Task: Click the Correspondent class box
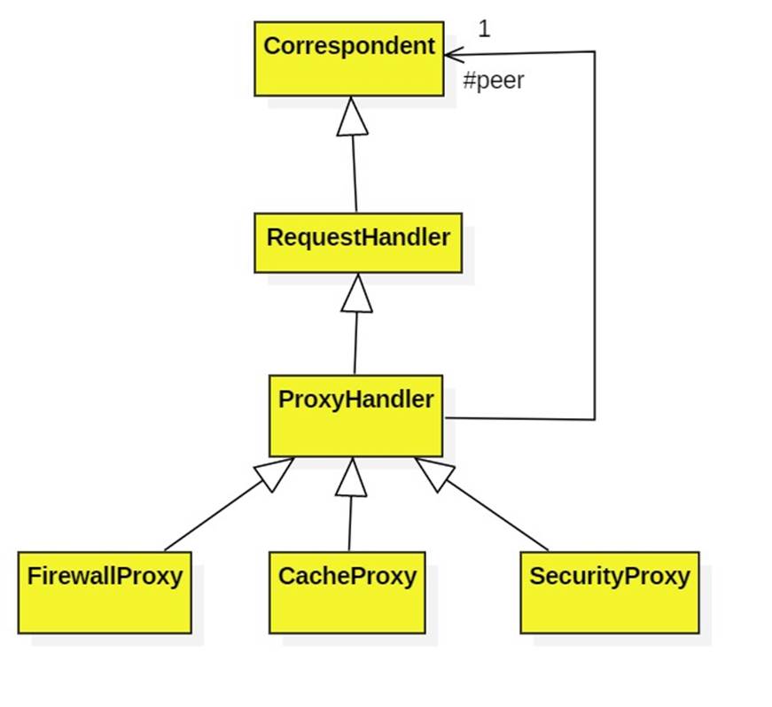coord(348,58)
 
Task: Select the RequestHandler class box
coord(357,242)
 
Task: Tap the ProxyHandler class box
coord(355,415)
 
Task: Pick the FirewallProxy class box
coord(105,592)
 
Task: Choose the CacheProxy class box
coord(347,592)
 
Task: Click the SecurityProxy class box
coord(609,592)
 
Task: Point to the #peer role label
coord(494,81)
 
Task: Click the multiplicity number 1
coord(484,29)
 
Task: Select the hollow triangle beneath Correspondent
coord(352,116)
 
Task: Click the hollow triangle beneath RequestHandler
coord(356,293)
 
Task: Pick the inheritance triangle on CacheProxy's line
coord(351,478)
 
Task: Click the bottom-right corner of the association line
coord(594,419)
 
